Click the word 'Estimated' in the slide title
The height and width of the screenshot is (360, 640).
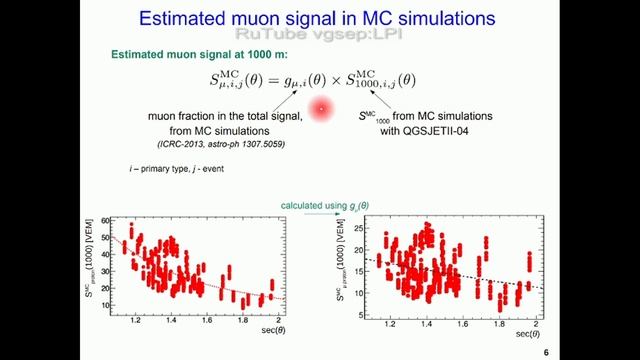click(187, 18)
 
